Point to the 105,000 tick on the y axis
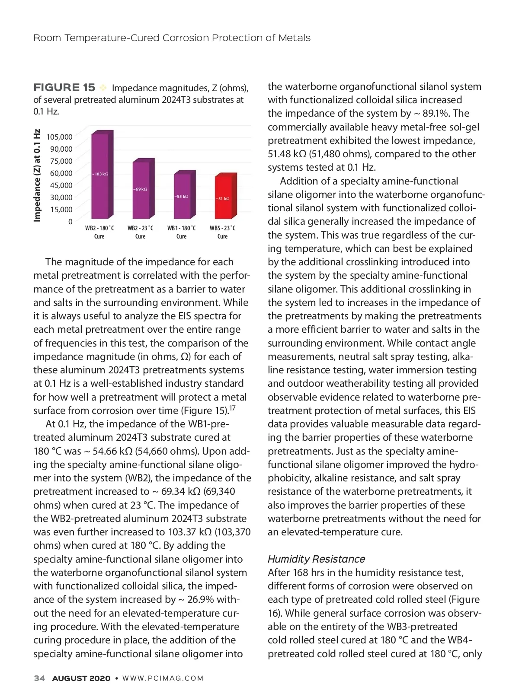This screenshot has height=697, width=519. pyautogui.click(x=60, y=137)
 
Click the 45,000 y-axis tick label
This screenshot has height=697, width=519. pyautogui.click(x=61, y=185)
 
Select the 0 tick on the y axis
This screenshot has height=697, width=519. pyautogui.click(x=70, y=222)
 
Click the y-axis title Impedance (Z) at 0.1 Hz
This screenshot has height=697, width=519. pyautogui.click(x=37, y=175)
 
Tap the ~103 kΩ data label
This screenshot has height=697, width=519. pyautogui.click(x=100, y=174)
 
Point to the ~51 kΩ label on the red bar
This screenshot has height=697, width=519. pyautogui.click(x=223, y=199)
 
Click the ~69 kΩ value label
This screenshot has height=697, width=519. pyautogui.click(x=141, y=189)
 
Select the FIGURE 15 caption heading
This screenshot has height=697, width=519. pyautogui.click(x=64, y=88)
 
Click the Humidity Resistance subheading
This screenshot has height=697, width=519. pyautogui.click(x=316, y=559)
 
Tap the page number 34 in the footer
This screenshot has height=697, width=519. pyautogui.click(x=39, y=678)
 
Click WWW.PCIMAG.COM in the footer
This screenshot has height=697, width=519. pyautogui.click(x=163, y=678)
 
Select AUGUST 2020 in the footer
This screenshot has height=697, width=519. pyautogui.click(x=81, y=678)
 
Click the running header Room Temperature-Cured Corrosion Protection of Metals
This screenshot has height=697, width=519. pyautogui.click(x=172, y=38)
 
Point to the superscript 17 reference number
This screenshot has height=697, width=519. pyautogui.click(x=232, y=408)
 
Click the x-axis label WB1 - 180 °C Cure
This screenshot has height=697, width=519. pyautogui.click(x=182, y=232)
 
